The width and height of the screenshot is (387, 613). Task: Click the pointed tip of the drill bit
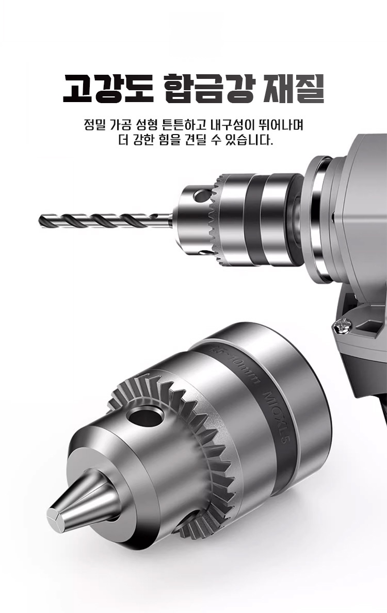[x=41, y=221]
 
